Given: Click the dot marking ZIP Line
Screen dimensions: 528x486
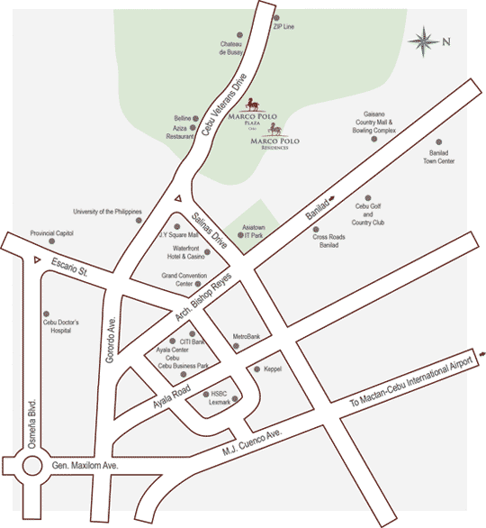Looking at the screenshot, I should coord(275,17).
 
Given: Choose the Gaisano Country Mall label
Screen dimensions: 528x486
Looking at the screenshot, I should coord(374,123).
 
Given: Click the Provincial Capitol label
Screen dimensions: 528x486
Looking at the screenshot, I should coord(51,232).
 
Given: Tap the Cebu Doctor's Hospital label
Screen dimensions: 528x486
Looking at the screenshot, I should coord(61,326).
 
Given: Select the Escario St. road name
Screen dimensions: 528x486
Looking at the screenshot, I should coord(72,268).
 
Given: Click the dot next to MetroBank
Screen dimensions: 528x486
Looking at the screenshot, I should coord(236,347).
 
